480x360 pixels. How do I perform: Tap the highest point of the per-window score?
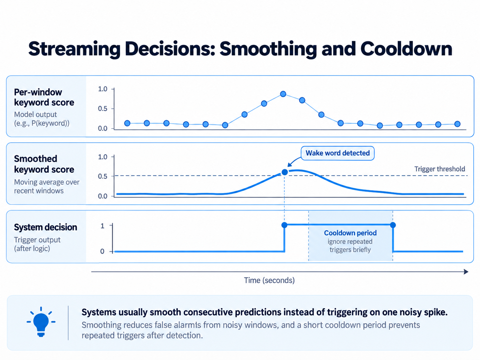pyautogui.click(x=283, y=94)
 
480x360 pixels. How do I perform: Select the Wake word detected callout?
pyautogui.click(x=337, y=153)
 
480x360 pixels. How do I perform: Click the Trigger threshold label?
pyautogui.click(x=440, y=169)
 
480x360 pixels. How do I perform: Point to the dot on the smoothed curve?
pyautogui.click(x=284, y=172)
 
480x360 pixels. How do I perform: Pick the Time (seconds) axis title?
pyautogui.click(x=269, y=280)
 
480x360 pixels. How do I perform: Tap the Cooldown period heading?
pyautogui.click(x=350, y=233)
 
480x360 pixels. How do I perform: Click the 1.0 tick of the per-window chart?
pyautogui.click(x=102, y=89)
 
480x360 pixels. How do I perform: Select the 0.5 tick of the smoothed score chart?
pyautogui.click(x=102, y=176)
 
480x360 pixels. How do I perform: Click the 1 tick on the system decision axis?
pyautogui.click(x=102, y=226)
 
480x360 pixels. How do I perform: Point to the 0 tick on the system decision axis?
pyautogui.click(x=102, y=251)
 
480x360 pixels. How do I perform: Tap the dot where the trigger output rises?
pyautogui.click(x=284, y=225)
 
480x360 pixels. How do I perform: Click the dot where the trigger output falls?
pyautogui.click(x=393, y=225)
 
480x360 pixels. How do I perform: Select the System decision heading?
pyautogui.click(x=45, y=227)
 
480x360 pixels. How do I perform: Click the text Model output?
pyautogui.click(x=35, y=114)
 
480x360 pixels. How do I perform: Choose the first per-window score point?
pyautogui.click(x=127, y=123)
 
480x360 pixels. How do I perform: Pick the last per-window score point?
pyautogui.click(x=457, y=124)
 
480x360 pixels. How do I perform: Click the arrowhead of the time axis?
pyautogui.click(x=466, y=272)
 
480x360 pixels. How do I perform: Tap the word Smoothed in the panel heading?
pyautogui.click(x=35, y=159)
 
